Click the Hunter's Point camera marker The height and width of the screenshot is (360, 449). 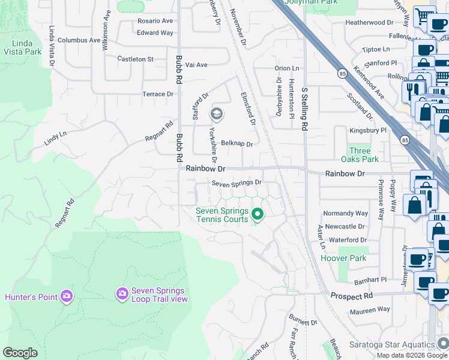coord(66,296)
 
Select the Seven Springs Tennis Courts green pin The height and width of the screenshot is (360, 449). coord(258,214)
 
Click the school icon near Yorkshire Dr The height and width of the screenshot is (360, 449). coord(216,113)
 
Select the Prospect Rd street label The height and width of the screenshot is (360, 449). coord(351,296)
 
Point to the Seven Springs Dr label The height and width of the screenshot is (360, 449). coord(237,182)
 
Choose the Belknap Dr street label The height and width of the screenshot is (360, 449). coord(237,144)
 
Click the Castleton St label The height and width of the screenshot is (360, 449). coord(136,59)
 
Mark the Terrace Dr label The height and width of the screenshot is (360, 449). coord(157,94)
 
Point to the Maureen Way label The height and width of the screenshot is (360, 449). coord(370,310)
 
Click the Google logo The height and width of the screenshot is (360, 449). coord(20,353)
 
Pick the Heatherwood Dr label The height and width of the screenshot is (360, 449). coord(369,23)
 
